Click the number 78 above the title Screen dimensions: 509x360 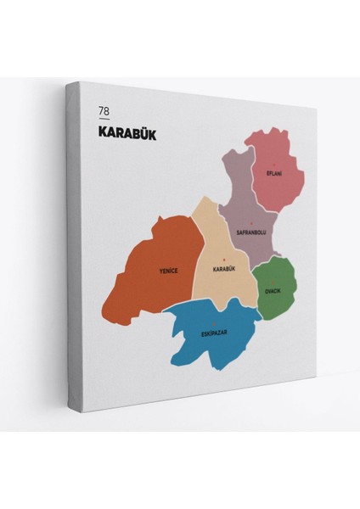104,111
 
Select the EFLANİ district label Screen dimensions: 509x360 273,173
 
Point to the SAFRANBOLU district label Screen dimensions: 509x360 251,232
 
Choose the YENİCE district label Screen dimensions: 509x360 168,271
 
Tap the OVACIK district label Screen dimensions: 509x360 273,290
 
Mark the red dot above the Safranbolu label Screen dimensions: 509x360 251,224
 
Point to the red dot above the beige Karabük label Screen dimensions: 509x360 223,260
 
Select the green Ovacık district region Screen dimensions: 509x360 278,301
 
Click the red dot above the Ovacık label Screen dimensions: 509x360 273,282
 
